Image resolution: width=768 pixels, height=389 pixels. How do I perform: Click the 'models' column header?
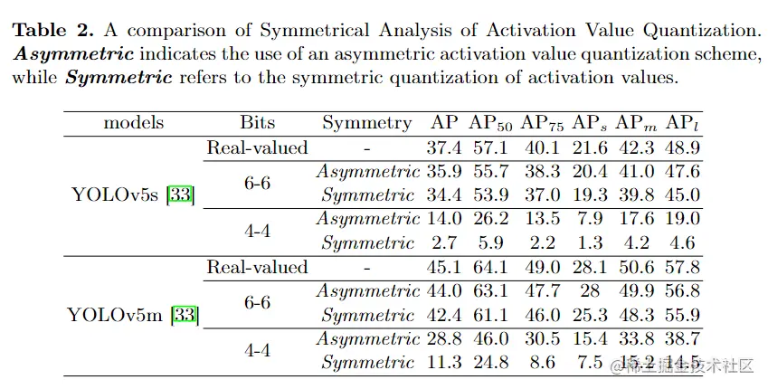(133, 123)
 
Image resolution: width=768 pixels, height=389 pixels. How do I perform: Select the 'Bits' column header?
(258, 123)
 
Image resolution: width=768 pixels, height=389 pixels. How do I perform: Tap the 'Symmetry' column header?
(366, 123)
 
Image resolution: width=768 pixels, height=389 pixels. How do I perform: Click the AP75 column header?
(540, 123)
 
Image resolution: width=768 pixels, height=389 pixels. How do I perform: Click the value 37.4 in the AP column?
(444, 147)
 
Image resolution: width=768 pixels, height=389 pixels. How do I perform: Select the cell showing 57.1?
(491, 147)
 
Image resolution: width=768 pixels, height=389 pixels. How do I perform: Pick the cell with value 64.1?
(491, 267)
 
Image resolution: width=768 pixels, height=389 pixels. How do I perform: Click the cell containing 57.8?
(682, 267)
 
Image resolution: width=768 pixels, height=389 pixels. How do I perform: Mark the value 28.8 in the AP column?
(444, 339)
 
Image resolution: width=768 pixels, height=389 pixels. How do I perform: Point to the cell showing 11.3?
(444, 363)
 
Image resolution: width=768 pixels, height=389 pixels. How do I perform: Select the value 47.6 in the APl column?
(682, 171)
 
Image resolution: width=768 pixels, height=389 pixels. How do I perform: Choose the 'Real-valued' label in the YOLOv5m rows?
(257, 267)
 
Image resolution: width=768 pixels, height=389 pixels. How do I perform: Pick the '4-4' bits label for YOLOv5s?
(257, 231)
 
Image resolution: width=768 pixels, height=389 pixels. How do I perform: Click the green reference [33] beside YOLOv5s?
(182, 194)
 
